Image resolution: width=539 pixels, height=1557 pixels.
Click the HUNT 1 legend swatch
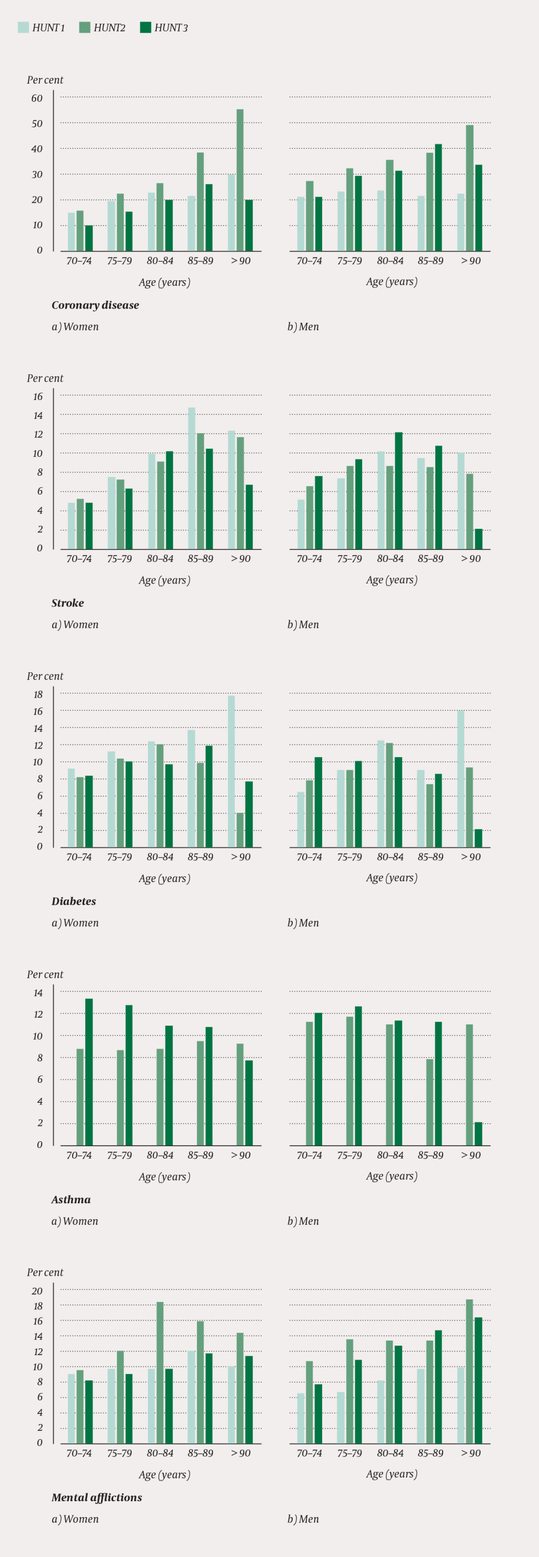[x=23, y=27]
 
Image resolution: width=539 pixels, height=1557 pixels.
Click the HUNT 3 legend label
[x=171, y=28]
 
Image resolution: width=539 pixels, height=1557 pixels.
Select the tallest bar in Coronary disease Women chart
[x=240, y=180]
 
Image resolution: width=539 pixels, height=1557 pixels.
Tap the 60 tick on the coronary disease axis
[x=37, y=98]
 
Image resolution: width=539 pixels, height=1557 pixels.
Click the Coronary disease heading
[x=95, y=305]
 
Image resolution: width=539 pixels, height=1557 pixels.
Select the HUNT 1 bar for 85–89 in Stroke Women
[x=191, y=478]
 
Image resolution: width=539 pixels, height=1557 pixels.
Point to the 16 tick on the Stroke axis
[x=38, y=396]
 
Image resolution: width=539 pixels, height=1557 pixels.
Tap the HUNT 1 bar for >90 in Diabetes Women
[x=231, y=771]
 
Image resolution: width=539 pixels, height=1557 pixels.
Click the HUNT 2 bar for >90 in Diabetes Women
[x=240, y=830]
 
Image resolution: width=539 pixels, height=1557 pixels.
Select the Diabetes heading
[x=74, y=901]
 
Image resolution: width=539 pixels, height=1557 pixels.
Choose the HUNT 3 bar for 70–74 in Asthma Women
[x=89, y=1072]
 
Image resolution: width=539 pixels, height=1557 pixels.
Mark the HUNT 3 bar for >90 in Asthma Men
[x=478, y=1134]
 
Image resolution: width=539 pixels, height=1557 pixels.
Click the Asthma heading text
[x=71, y=1199]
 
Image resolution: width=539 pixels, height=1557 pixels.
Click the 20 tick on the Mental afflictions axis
[x=37, y=1291]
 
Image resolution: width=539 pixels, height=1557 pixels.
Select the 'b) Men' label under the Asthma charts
[x=303, y=1221]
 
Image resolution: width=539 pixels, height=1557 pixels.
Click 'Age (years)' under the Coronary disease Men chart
[x=392, y=282]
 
